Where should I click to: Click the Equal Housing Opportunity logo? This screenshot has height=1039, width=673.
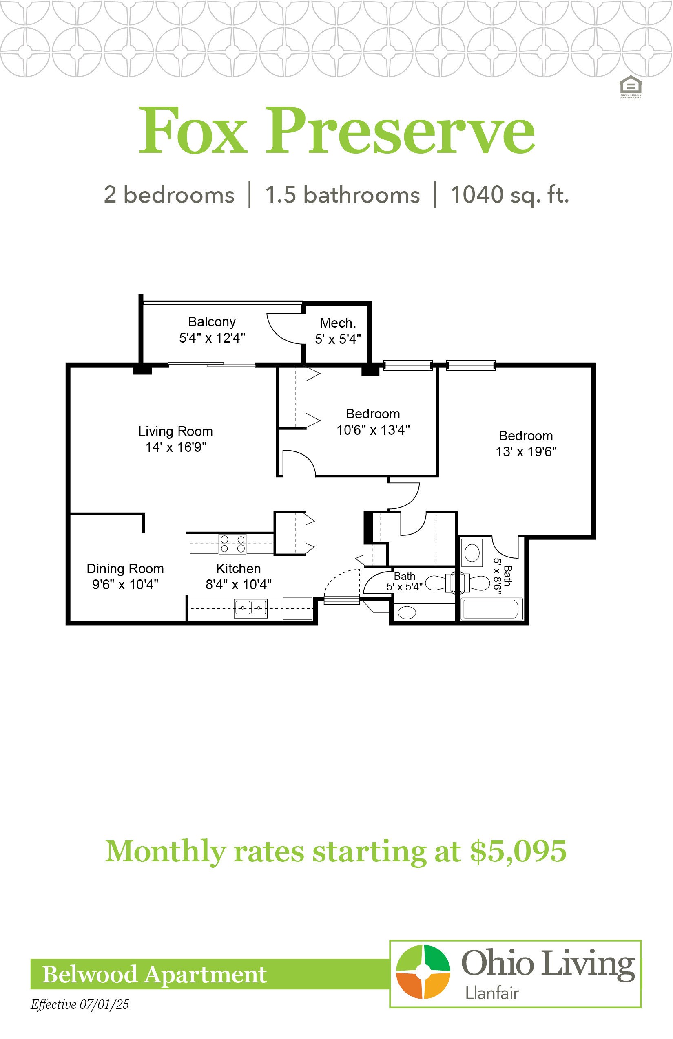point(631,87)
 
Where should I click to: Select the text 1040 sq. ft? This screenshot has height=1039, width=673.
point(509,195)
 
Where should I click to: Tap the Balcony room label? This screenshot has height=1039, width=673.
point(212,322)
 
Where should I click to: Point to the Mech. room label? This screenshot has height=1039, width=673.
point(338,323)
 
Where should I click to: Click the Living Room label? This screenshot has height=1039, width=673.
point(176,431)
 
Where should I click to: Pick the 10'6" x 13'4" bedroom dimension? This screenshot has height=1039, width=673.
point(373,430)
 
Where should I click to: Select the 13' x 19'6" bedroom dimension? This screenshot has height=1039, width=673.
point(526,451)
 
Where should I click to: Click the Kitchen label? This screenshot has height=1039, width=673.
point(238,568)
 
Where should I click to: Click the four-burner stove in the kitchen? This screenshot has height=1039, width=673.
point(232,544)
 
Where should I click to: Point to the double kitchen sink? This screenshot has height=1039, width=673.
point(251,608)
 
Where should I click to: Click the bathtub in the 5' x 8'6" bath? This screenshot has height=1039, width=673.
point(491,609)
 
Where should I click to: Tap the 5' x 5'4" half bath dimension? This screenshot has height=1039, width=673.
point(404,587)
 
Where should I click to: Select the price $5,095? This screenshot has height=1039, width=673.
point(518,851)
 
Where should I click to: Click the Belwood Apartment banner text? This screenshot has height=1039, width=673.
point(154,974)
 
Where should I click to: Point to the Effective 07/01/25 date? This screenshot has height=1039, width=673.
point(80,1004)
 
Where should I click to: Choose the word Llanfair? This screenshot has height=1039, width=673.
point(491,993)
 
